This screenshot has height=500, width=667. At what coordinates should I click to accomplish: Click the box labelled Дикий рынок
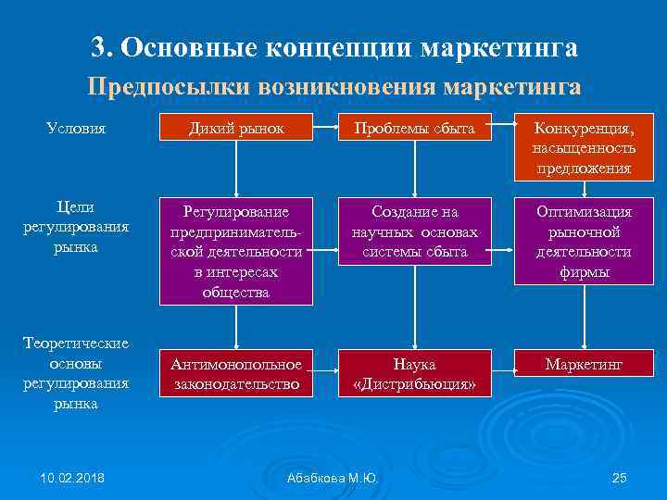coord(236,128)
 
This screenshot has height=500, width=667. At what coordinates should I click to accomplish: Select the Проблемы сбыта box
coord(414,128)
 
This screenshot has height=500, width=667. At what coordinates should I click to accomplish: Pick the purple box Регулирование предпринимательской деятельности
coord(236,251)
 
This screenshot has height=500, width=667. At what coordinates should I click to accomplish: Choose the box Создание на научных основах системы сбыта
coord(414,231)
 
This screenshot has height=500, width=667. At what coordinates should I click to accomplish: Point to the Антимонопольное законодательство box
coord(236,373)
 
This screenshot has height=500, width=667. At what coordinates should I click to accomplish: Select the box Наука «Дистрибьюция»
coord(414,373)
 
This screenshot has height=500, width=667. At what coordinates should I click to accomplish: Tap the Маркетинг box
coord(584,365)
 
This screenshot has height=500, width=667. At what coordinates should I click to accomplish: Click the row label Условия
coord(76,128)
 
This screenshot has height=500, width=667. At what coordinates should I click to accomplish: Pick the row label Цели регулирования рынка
coord(76,227)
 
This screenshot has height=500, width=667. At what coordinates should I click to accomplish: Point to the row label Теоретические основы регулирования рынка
coord(76,373)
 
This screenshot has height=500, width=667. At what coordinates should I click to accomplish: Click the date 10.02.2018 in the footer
coord(72,478)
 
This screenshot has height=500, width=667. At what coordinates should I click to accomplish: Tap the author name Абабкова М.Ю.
coord(333,478)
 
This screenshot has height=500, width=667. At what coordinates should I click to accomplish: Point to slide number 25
coord(620,478)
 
